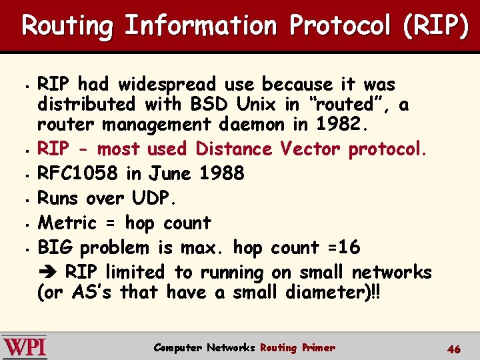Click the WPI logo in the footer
click(24, 347)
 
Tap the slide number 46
click(454, 349)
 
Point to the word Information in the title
click(200, 25)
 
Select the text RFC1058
click(79, 173)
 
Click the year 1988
click(221, 173)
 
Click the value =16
click(341, 247)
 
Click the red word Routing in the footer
click(278, 347)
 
